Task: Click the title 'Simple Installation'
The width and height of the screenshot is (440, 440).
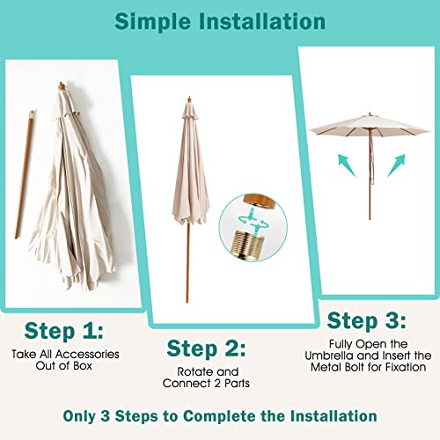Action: (x=219, y=20)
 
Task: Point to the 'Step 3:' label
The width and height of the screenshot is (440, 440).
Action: (x=367, y=319)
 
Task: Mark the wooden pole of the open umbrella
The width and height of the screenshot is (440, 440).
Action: (x=369, y=194)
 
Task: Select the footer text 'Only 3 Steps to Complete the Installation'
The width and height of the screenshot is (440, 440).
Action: (x=219, y=415)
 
